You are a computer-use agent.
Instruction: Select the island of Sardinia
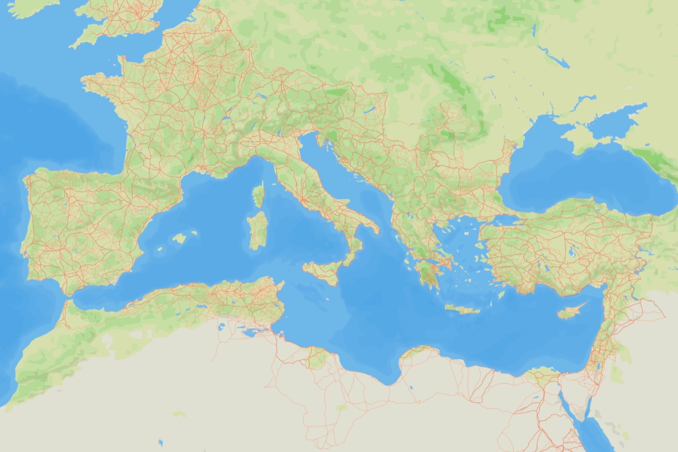pos(258,229)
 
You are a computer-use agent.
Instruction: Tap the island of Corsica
pos(258,195)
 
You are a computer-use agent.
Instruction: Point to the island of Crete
pos(462,308)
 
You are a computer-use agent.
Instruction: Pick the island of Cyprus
pos(568,311)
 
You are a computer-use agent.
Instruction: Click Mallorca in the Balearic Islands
pos(180,238)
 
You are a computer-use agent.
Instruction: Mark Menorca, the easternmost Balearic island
pos(194,232)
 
